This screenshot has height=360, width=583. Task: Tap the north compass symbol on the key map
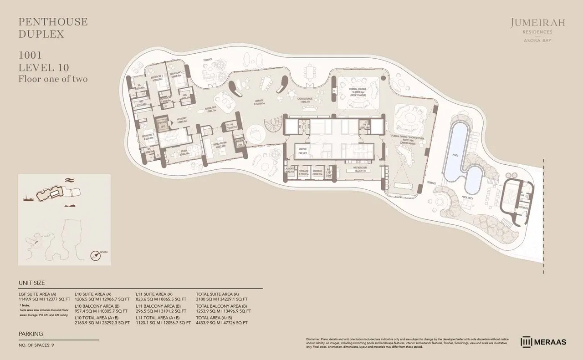tap(96, 255)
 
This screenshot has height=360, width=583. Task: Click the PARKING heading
tap(31, 334)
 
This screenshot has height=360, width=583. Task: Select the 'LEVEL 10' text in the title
tap(44, 67)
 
